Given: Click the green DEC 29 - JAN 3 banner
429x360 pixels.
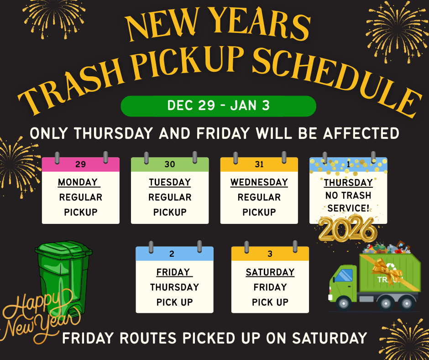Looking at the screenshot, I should (x=218, y=106).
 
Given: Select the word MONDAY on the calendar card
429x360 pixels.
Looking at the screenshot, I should (x=78, y=182).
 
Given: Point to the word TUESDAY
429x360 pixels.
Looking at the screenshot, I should (x=170, y=182).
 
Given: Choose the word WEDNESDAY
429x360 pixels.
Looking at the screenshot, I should (x=259, y=182).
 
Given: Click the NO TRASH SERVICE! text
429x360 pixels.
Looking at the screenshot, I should (x=348, y=202).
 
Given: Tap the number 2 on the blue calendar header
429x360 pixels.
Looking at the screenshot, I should (x=172, y=254).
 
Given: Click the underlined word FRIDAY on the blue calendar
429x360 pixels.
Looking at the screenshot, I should (x=173, y=272).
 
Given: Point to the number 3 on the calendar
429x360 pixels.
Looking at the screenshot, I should (x=270, y=254).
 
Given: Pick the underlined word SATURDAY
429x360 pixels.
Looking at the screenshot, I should (x=270, y=272).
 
